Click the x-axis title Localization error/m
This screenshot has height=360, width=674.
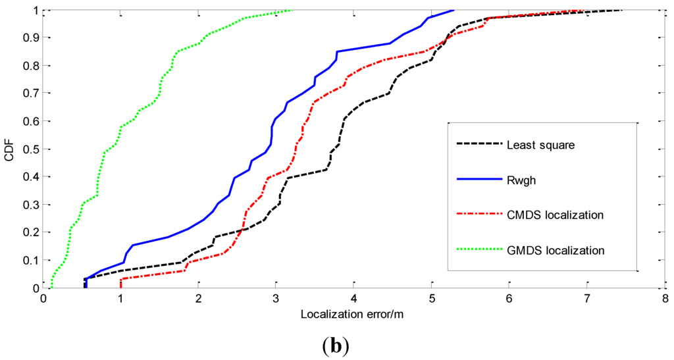tap(352, 314)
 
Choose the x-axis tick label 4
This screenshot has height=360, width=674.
tap(353, 298)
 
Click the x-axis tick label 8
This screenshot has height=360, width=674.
tap(664, 298)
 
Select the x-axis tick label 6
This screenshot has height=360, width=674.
tap(509, 298)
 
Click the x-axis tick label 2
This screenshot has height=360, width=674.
tap(198, 298)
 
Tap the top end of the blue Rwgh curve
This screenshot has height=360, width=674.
tap(454, 10)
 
